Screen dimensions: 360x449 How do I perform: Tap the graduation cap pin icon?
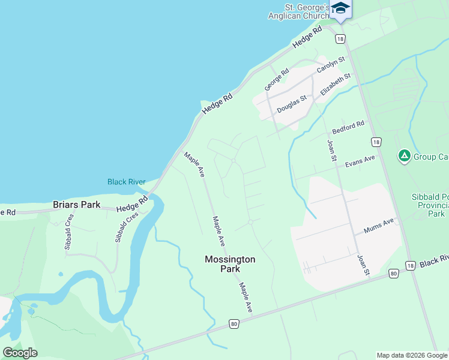click(340, 8)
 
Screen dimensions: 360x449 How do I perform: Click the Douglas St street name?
click(292, 103)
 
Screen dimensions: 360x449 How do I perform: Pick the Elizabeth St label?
click(335, 85)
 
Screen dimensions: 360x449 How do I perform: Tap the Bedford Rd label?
click(348, 128)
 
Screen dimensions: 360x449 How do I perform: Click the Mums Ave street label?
click(379, 226)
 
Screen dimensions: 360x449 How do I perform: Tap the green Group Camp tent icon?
click(405, 157)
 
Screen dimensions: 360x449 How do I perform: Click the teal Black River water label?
click(126, 182)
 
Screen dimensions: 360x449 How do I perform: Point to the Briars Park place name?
click(76, 205)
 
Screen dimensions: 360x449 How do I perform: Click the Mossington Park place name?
click(230, 264)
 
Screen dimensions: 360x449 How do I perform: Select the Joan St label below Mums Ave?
click(364, 264)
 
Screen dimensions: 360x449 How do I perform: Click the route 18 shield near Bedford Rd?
click(376, 142)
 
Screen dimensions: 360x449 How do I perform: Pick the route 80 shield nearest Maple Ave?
click(234, 324)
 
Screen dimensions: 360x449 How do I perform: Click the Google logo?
click(20, 353)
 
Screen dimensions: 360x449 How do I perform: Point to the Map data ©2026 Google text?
click(412, 355)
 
